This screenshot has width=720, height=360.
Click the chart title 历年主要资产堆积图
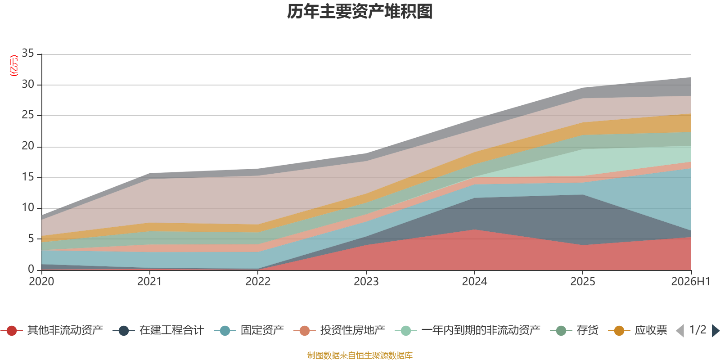click(360, 12)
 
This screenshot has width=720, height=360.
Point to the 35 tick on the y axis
click(28, 53)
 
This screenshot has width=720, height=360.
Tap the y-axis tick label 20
click(28, 146)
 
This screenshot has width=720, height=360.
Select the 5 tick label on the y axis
click(31, 238)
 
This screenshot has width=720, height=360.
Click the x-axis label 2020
click(41, 282)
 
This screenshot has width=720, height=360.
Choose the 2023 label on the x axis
click(366, 282)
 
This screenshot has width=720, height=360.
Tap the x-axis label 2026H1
click(691, 282)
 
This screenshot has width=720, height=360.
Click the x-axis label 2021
click(149, 282)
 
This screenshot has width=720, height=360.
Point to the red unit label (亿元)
click(14, 66)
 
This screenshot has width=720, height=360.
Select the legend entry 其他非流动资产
click(52, 330)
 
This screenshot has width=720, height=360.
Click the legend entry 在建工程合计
click(158, 330)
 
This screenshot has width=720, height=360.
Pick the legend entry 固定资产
click(249, 330)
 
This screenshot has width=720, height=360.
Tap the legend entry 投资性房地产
click(339, 330)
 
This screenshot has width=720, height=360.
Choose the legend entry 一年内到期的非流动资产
click(468, 330)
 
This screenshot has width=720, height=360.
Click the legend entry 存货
click(574, 330)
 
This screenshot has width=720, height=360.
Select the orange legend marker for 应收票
click(619, 331)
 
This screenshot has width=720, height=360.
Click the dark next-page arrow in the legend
click(715, 331)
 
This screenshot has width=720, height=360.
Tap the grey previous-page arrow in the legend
click(680, 331)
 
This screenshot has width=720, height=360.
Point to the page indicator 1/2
click(698, 330)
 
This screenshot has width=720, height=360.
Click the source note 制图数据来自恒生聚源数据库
click(360, 355)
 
